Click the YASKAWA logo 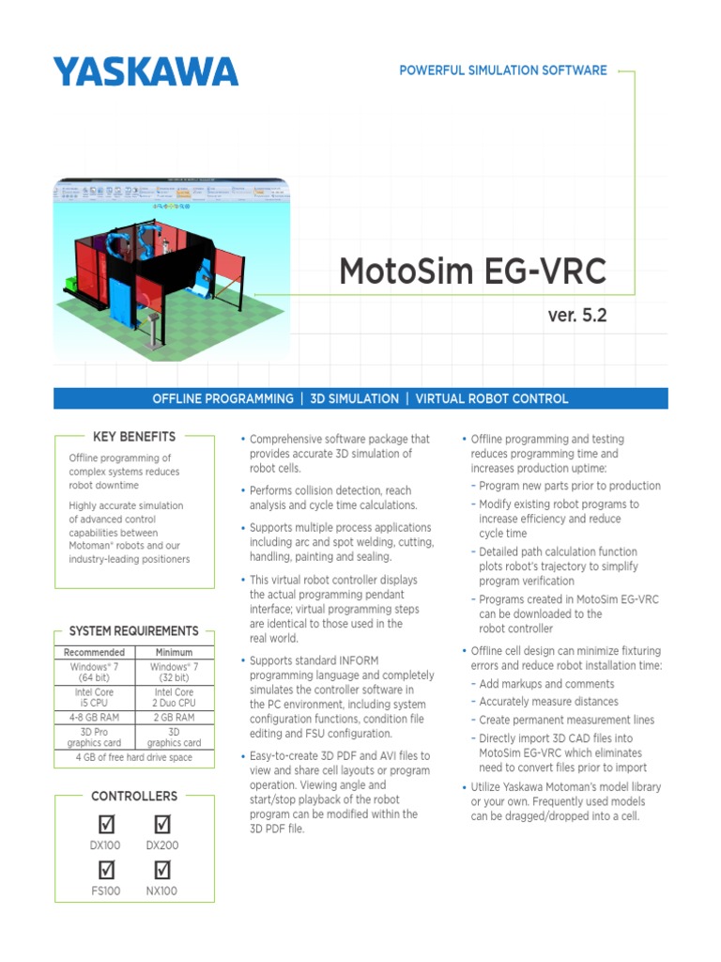(146, 71)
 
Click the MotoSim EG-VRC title (472, 272)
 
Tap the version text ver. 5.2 (576, 316)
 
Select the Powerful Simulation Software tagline (502, 70)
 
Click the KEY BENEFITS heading (133, 437)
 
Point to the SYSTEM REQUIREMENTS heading (133, 631)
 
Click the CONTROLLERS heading (133, 796)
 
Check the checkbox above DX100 (106, 824)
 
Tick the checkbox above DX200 (161, 824)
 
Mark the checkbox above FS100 (106, 870)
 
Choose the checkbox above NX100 (161, 870)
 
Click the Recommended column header (94, 652)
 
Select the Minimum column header (174, 652)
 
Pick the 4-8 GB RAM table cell (94, 717)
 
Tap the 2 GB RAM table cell (174, 717)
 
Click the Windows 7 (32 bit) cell (174, 672)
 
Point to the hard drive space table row (133, 757)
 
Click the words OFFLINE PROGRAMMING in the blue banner (222, 399)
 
